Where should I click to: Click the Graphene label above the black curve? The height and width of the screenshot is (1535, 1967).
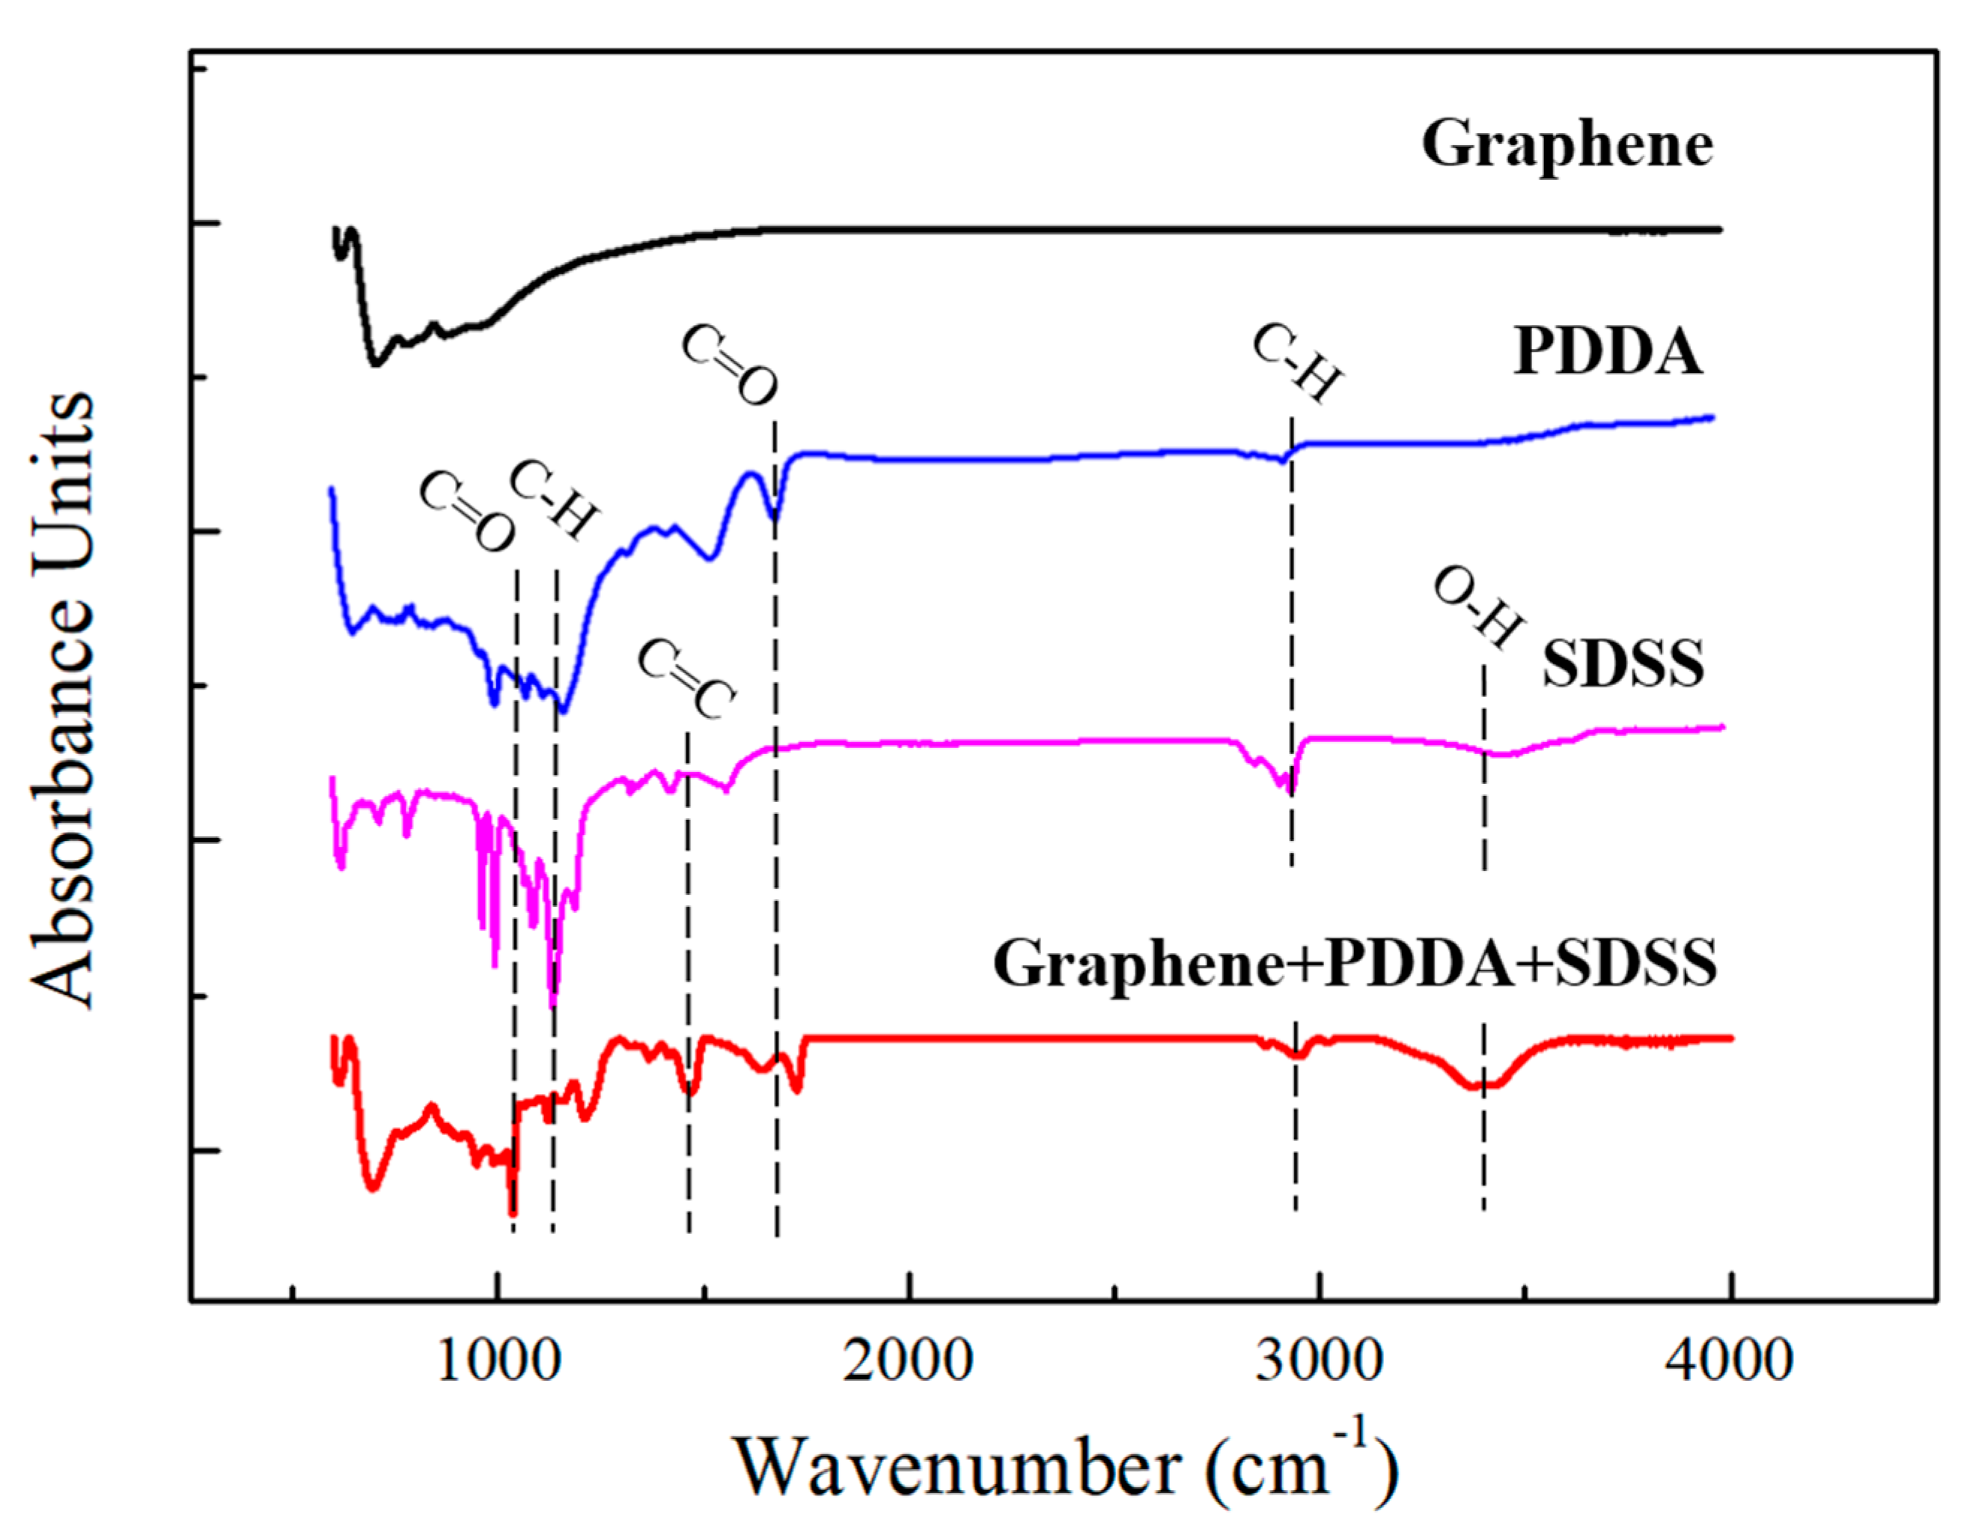[x=1567, y=145]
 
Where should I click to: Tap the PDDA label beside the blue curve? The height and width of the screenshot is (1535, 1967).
[x=1608, y=351]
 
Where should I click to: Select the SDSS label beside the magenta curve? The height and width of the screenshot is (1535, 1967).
[x=1623, y=664]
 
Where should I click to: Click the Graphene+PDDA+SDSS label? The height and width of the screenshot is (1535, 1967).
[x=1355, y=963]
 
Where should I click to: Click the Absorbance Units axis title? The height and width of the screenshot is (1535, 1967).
[x=63, y=701]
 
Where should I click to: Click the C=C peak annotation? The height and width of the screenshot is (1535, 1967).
[x=686, y=680]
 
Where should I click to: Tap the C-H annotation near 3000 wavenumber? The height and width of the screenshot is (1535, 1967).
[x=1298, y=365]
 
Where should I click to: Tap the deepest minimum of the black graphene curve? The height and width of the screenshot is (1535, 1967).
[x=376, y=363]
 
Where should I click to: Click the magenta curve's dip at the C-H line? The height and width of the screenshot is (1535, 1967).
[x=1287, y=787]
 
